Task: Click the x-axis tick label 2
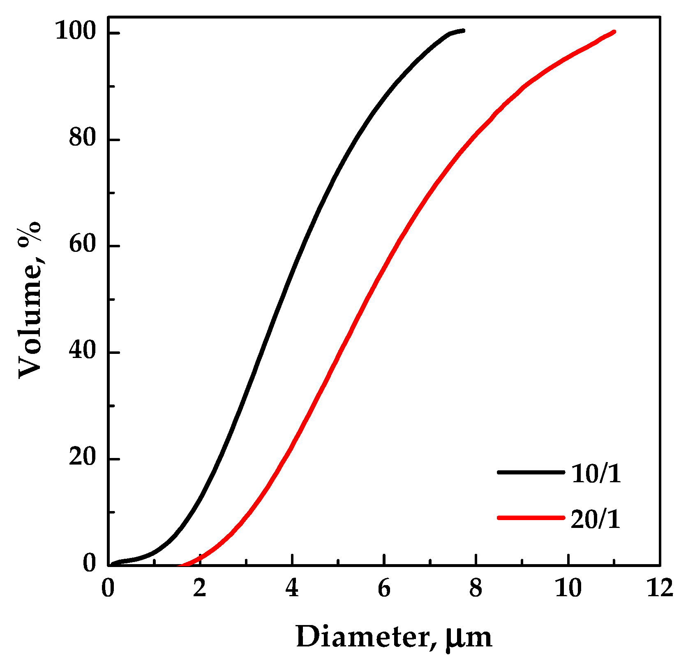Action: pyautogui.click(x=200, y=589)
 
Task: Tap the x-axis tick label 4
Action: pyautogui.click(x=292, y=589)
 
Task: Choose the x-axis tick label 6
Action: pyautogui.click(x=384, y=589)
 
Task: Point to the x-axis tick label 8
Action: pyautogui.click(x=476, y=589)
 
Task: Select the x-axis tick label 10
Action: pyautogui.click(x=568, y=589)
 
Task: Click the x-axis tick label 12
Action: pyautogui.click(x=659, y=589)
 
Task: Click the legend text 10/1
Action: pyautogui.click(x=596, y=474)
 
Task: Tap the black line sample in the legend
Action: pyautogui.click(x=531, y=472)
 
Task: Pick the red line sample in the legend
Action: pyautogui.click(x=531, y=518)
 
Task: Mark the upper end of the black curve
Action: pyautogui.click(x=463, y=30)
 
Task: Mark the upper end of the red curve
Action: pyautogui.click(x=614, y=32)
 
